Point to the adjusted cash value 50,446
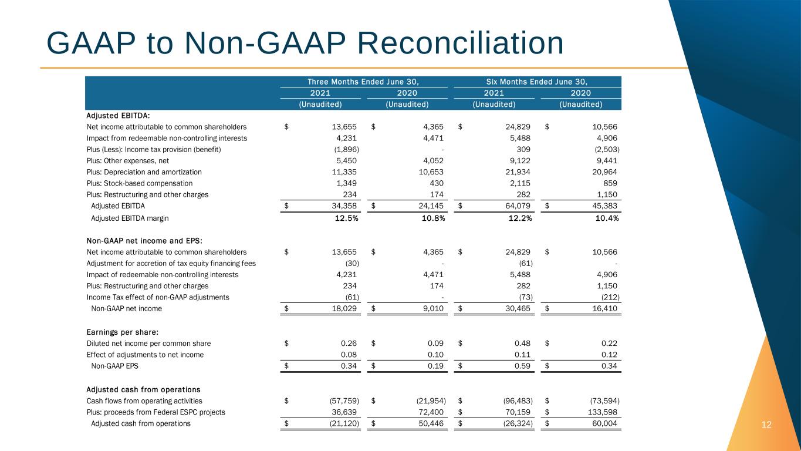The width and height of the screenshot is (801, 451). [431, 423]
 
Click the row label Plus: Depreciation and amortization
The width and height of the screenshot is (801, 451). [144, 172]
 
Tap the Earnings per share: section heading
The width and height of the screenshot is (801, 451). [122, 332]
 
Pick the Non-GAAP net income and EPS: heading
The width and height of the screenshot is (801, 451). [144, 241]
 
